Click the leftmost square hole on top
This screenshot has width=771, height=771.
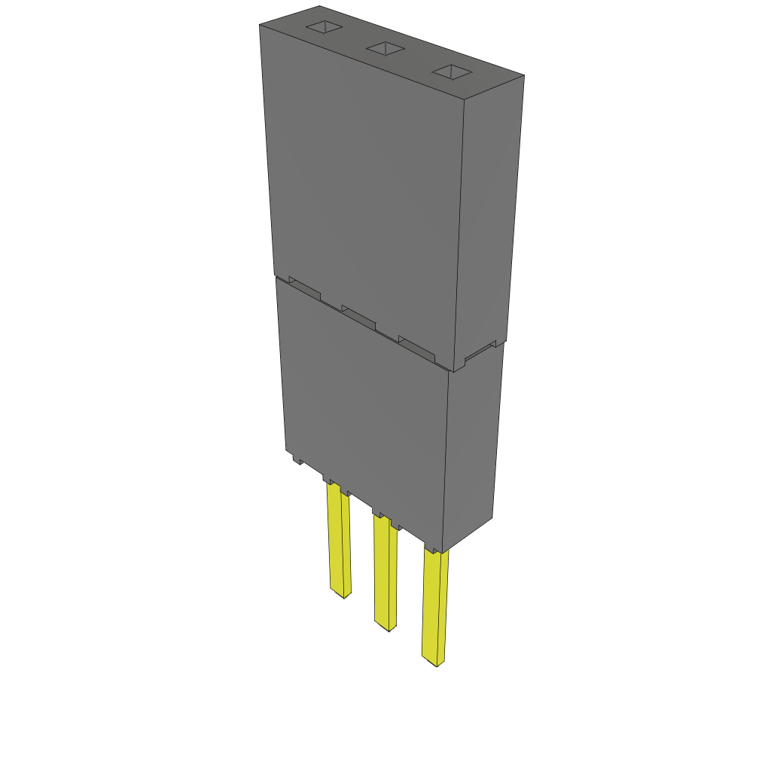(324, 27)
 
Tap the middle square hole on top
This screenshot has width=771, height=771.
(385, 49)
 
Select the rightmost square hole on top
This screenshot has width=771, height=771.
(452, 72)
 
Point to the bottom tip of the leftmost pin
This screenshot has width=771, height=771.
(343, 596)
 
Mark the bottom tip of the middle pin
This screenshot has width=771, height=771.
(388, 629)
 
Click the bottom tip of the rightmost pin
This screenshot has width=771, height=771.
(437, 666)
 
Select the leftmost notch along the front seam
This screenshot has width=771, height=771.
(305, 288)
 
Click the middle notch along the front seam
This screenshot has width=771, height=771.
(358, 315)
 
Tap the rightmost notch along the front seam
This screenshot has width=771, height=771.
(416, 346)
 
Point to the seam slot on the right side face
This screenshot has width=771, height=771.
(484, 350)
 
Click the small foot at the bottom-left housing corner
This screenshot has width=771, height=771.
(294, 456)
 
